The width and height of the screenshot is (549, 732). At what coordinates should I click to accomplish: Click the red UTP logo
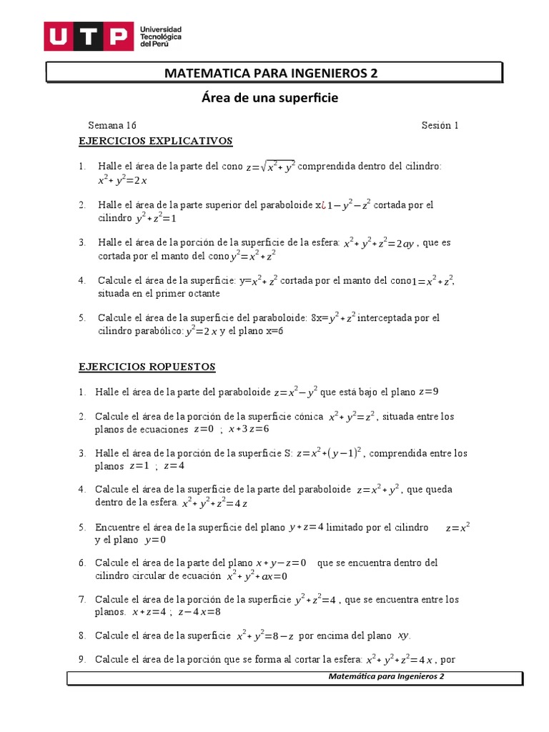tap(89, 36)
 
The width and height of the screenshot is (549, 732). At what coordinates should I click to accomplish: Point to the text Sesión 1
tap(440, 125)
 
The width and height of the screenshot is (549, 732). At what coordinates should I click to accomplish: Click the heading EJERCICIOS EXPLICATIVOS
tap(155, 141)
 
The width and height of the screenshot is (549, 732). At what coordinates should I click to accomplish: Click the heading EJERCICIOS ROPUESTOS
tap(147, 367)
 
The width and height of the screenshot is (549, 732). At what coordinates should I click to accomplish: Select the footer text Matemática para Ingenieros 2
tap(386, 676)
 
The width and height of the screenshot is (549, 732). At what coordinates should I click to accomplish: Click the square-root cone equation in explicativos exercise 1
tap(270, 167)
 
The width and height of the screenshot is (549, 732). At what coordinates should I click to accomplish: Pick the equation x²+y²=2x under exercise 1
tap(122, 181)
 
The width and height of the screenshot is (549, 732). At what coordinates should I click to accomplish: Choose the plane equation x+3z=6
tap(248, 429)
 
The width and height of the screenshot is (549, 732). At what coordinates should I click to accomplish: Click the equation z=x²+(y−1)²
tap(330, 452)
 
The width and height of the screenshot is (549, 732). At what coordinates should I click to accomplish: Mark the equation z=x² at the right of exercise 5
tap(457, 528)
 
